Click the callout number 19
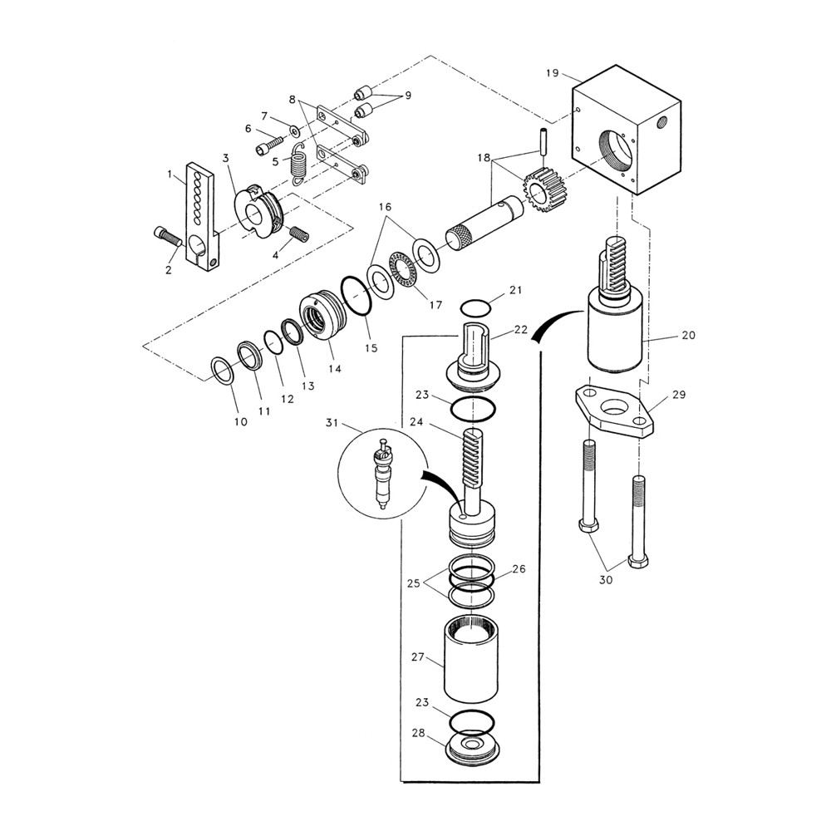552,73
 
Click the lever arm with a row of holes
200,216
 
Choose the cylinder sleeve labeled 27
471,661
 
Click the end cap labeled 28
472,746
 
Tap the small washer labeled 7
294,130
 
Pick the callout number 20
687,335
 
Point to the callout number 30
605,579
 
